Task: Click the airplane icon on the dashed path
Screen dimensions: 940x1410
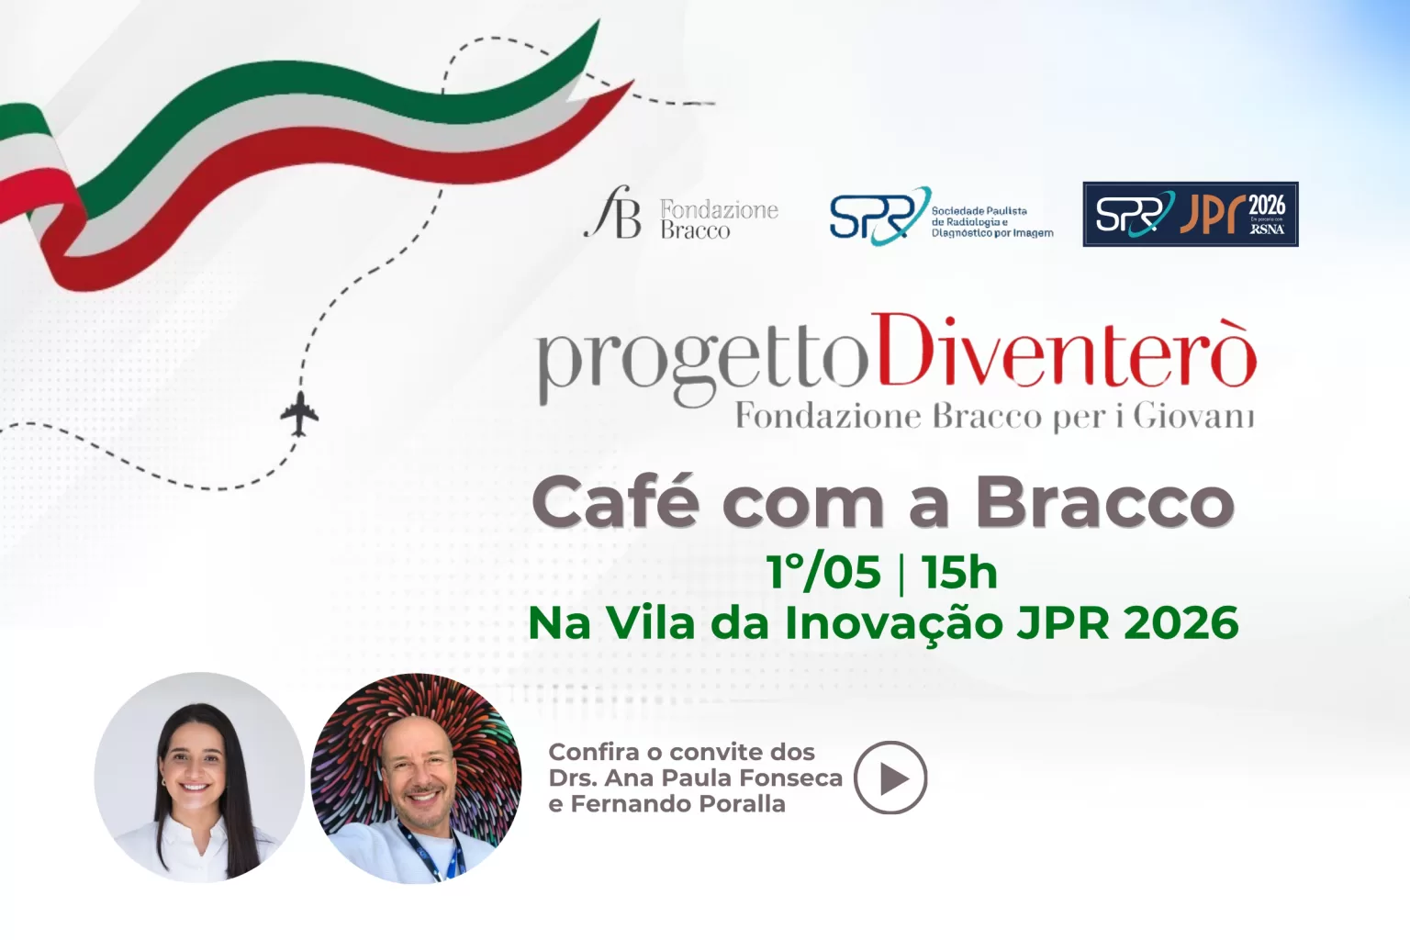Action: [x=299, y=413]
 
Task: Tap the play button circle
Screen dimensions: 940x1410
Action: [x=890, y=778]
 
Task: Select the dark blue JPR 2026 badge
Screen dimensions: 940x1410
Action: [x=1190, y=214]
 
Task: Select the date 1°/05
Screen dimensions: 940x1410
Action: [x=823, y=572]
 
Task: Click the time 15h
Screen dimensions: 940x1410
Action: [x=959, y=572]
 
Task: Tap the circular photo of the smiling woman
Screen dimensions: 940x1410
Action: [x=199, y=778]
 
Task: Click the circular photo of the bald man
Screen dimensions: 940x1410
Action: [x=416, y=778]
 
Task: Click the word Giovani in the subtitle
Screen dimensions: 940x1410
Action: [x=1192, y=416]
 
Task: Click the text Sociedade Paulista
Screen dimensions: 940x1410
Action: [x=979, y=211]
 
